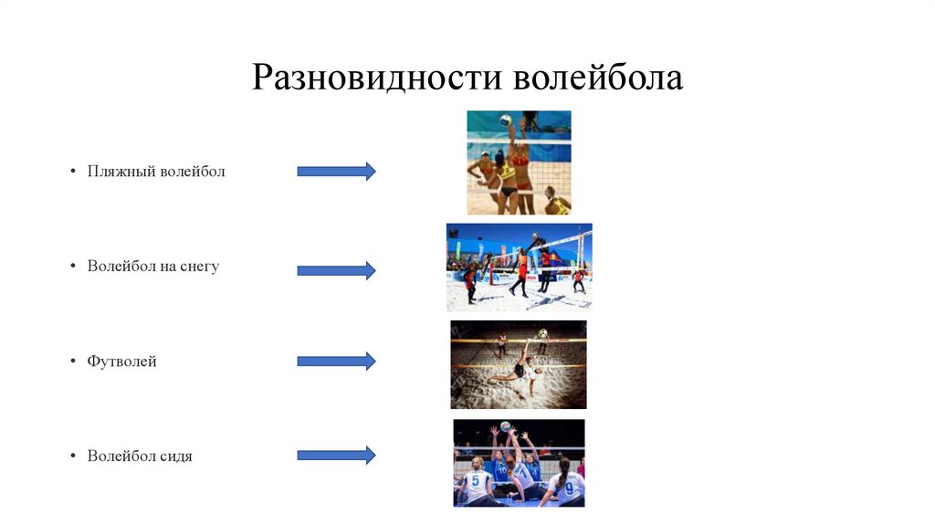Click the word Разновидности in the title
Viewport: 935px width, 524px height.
377,78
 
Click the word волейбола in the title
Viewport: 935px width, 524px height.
597,78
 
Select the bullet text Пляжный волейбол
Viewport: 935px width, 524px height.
156,172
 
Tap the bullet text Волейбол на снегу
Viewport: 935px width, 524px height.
153,267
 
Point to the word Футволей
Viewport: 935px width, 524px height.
122,362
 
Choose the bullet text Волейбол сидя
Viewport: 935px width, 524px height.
140,456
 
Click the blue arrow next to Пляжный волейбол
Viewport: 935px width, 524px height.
336,171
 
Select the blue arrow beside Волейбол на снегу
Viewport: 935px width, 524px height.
336,269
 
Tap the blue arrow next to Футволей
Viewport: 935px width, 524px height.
336,361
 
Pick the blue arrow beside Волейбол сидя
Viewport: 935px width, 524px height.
336,455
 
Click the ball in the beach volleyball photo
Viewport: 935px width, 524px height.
505,120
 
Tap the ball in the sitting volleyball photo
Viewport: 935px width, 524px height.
506,425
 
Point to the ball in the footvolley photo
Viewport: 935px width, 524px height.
542,333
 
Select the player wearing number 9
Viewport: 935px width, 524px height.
568,486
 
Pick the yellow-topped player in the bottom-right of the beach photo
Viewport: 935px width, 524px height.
555,202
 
